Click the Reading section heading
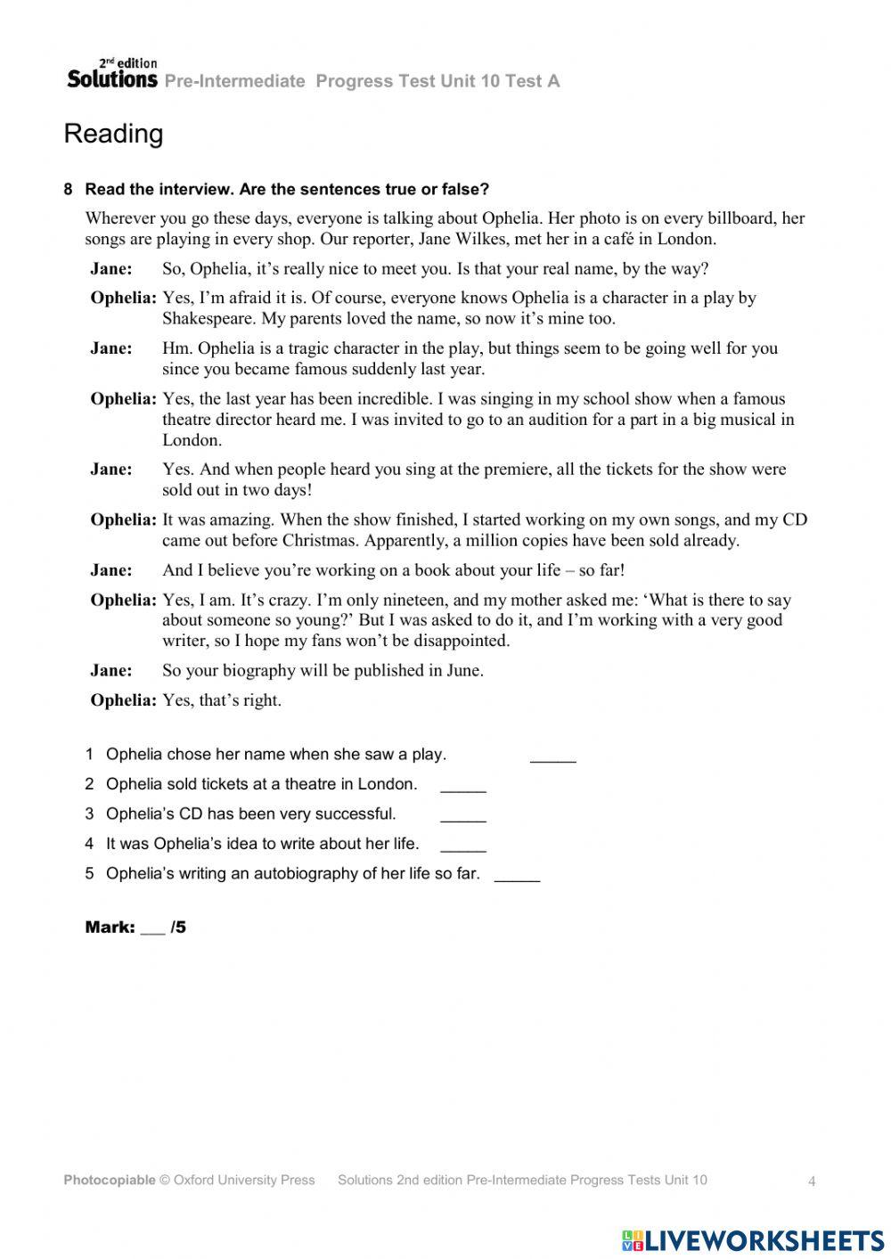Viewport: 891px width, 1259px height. point(113,135)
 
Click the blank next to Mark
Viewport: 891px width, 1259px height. point(152,929)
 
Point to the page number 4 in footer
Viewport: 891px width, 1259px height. point(812,1181)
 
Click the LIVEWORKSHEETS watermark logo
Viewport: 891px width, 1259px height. point(753,1239)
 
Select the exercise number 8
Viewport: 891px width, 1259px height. point(69,190)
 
